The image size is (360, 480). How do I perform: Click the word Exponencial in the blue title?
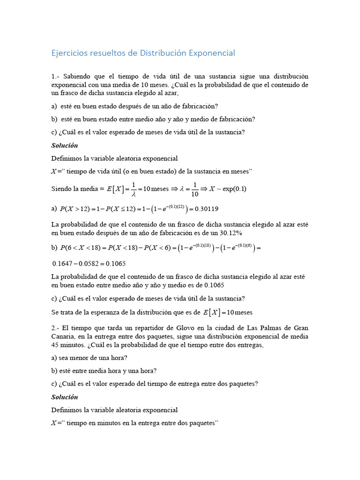tap(212, 53)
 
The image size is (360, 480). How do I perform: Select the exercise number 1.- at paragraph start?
tap(56, 76)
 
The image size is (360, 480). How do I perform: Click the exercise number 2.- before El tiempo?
tap(56, 328)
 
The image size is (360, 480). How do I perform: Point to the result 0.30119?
tap(206, 209)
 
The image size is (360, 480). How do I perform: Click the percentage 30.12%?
tap(230, 233)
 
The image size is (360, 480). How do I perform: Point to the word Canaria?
tap(63, 337)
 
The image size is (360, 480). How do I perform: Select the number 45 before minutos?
tap(55, 345)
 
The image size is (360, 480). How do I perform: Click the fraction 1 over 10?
tap(195, 189)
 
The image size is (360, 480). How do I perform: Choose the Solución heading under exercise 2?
tap(65, 397)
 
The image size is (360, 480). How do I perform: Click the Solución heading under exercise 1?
tap(65, 145)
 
